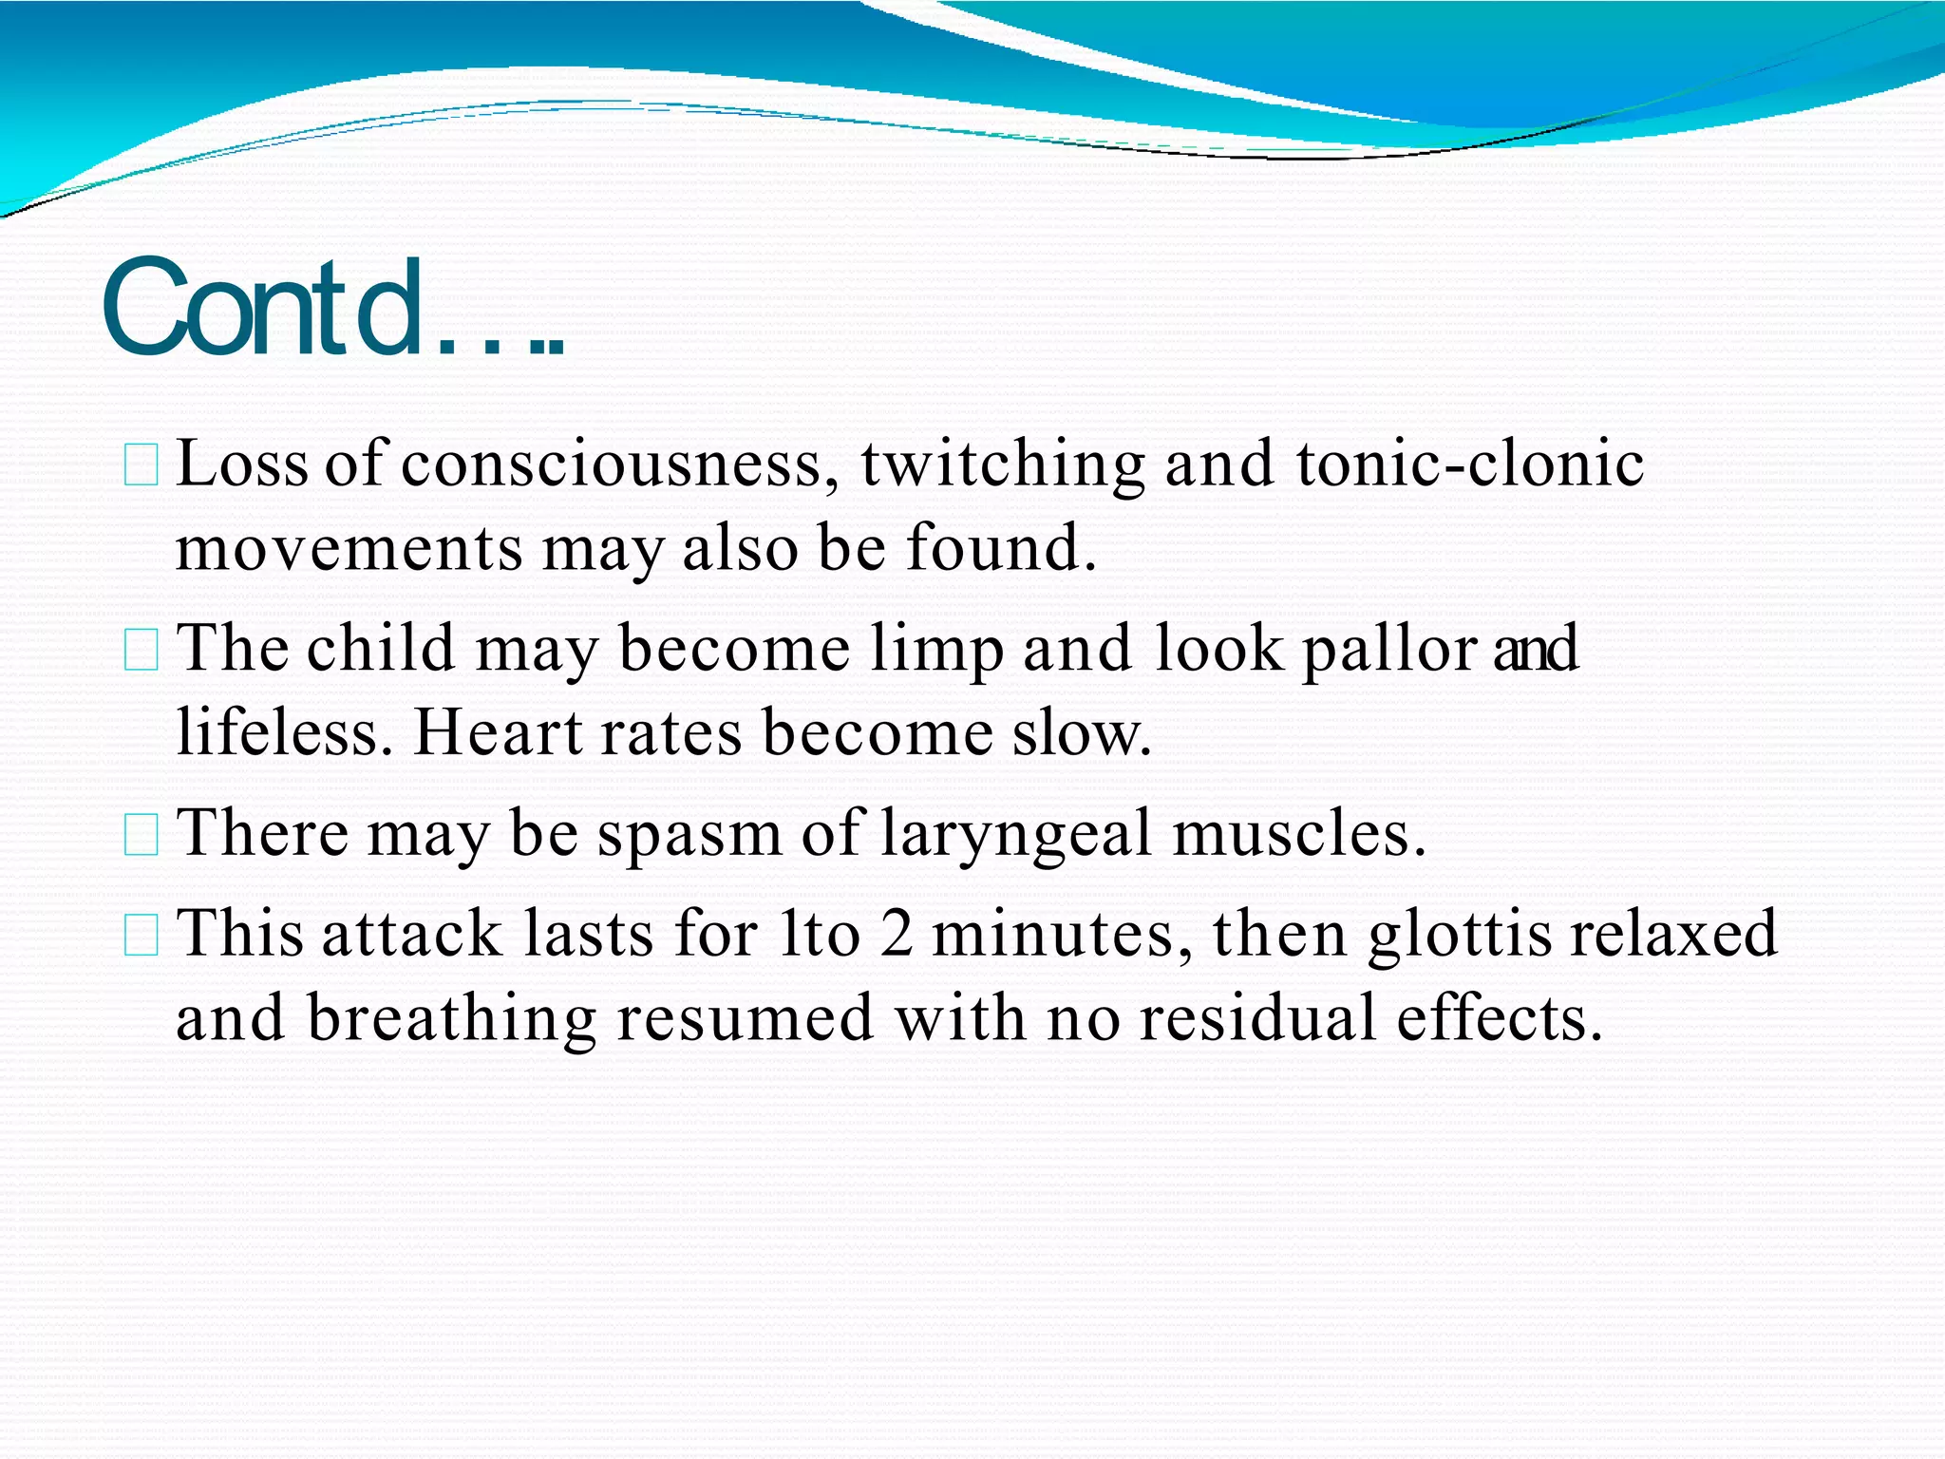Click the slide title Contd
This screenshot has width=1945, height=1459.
coord(332,309)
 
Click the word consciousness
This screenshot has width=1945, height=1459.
coord(620,465)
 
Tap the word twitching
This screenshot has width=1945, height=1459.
coord(1003,465)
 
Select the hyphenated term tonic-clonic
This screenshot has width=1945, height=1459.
coord(1470,465)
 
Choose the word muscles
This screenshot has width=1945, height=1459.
coord(1299,834)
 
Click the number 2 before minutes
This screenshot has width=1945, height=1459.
coord(897,933)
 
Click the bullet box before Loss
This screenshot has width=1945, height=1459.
coord(141,466)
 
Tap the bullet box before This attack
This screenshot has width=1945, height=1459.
coord(141,936)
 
